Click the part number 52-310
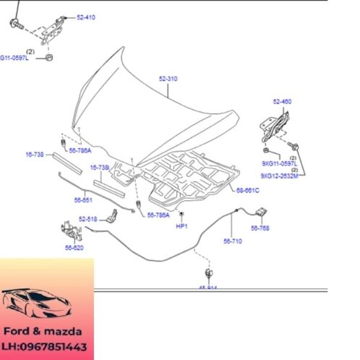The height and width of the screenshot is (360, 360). click(x=168, y=78)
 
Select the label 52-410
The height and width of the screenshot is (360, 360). click(x=85, y=17)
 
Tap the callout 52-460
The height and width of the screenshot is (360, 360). click(x=282, y=101)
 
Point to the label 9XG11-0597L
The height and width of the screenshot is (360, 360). click(x=280, y=164)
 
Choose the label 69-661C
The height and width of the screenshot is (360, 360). click(x=247, y=191)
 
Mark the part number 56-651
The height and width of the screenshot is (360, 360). click(x=83, y=200)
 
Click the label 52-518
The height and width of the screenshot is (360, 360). click(x=87, y=218)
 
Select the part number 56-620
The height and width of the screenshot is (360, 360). click(x=74, y=247)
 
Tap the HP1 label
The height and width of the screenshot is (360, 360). click(x=181, y=226)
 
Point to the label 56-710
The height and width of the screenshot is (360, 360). click(x=233, y=241)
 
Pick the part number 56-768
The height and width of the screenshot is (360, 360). click(x=260, y=227)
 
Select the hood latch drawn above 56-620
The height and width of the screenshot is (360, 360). click(x=69, y=230)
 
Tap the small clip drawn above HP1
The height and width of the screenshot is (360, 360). click(x=181, y=215)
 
